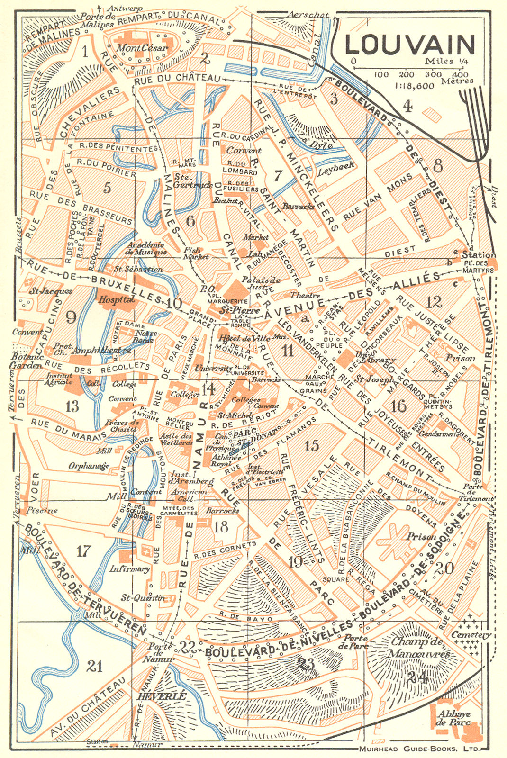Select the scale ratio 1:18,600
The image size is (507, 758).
pos(414,86)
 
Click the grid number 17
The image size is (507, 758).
pos(83,551)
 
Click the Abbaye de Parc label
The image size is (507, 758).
pos(454,718)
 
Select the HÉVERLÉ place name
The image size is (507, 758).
pos(162,696)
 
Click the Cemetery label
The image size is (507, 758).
pos(471,635)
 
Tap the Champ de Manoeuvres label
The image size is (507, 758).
pos(420,648)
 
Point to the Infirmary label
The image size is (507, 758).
pos(130,568)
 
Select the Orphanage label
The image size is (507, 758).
pos(89,466)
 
